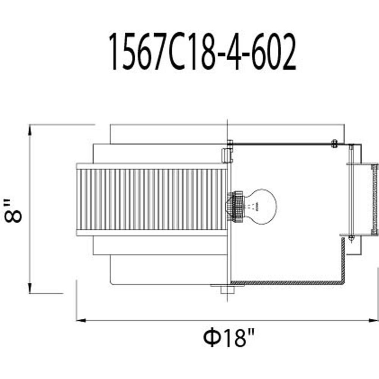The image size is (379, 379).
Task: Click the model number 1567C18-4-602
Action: tap(202, 52)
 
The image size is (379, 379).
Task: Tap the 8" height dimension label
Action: tap(13, 210)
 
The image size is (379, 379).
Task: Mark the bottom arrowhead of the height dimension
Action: tap(30, 288)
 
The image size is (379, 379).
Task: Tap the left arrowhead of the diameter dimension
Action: tap(81, 321)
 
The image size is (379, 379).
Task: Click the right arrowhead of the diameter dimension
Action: tap(373, 321)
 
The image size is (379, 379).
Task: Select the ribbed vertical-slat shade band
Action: tap(152, 199)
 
